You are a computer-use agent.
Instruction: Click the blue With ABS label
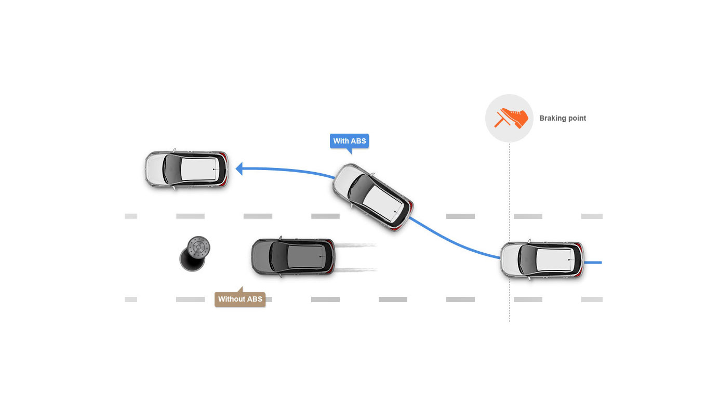pos(349,141)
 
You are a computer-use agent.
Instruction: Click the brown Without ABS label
pos(240,299)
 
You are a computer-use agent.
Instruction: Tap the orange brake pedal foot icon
pos(510,118)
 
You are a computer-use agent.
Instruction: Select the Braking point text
pos(562,118)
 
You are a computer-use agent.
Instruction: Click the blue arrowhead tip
pos(237,168)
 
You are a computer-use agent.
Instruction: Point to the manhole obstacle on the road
pos(195,253)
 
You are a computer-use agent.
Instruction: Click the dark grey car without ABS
pos(292,257)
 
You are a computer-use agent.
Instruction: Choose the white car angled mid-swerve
pos(372,197)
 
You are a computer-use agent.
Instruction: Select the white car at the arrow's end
pos(186,170)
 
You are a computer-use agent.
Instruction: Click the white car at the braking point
pos(541,259)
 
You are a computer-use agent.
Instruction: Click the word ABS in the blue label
pos(358,141)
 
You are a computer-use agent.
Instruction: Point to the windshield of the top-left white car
pos(170,169)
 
